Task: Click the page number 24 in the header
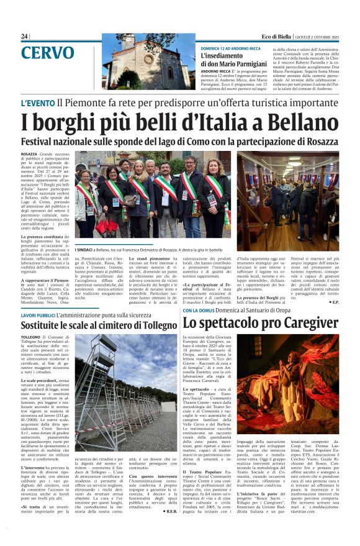(x=24, y=36)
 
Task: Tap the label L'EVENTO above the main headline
(x=37, y=102)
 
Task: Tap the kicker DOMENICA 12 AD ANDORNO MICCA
(x=230, y=48)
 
